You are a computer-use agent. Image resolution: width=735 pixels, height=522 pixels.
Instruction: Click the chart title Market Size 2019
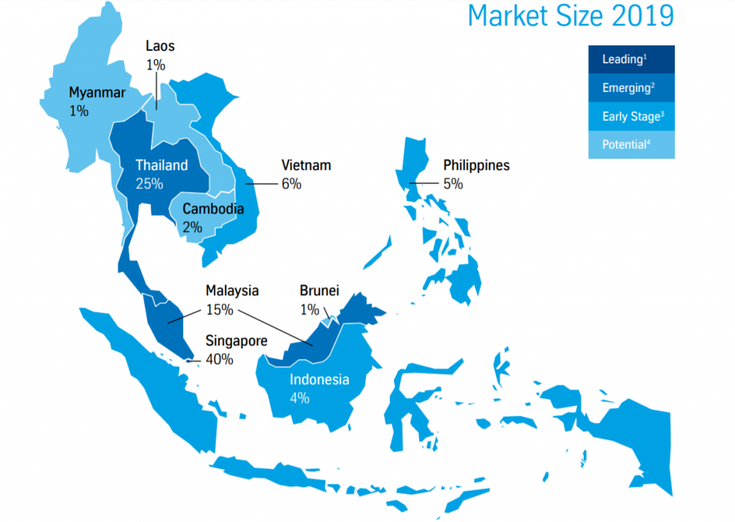(x=571, y=16)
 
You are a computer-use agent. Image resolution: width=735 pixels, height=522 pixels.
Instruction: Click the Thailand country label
(x=161, y=165)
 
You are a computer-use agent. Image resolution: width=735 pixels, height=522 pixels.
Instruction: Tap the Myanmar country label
(x=97, y=93)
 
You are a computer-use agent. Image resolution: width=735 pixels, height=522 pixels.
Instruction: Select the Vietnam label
(x=306, y=166)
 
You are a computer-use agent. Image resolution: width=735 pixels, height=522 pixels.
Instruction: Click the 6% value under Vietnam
(x=291, y=184)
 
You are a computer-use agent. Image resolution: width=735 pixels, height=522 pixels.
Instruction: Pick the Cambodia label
(x=213, y=210)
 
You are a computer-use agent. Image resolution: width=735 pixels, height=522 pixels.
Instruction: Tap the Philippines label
(x=476, y=166)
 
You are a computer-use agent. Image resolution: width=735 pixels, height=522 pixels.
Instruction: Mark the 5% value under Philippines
(x=453, y=184)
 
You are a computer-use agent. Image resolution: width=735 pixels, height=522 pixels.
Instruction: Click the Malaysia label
(x=232, y=292)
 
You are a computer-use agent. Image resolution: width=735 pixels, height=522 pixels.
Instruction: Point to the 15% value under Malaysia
(x=219, y=310)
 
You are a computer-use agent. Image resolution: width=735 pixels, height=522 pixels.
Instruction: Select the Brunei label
(x=319, y=292)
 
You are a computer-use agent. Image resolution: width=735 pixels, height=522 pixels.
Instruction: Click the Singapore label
(x=236, y=341)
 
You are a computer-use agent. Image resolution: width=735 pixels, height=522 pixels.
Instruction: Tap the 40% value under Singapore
(x=220, y=359)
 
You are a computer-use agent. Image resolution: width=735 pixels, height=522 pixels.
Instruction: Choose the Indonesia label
(x=319, y=380)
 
